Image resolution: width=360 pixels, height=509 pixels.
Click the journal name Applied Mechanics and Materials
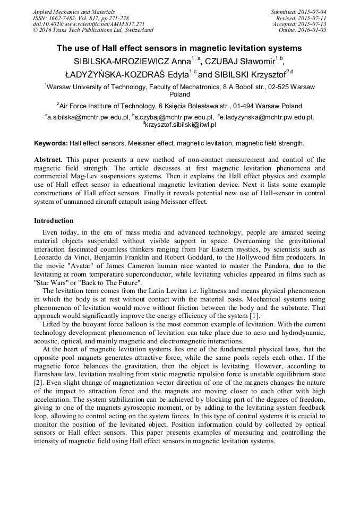(74, 12)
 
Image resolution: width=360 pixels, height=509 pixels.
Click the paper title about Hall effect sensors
(179, 48)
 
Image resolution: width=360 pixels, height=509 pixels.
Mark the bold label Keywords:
(50, 143)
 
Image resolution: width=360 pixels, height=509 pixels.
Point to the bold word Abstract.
(49, 159)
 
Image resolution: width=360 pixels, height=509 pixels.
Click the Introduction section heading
(54, 220)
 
